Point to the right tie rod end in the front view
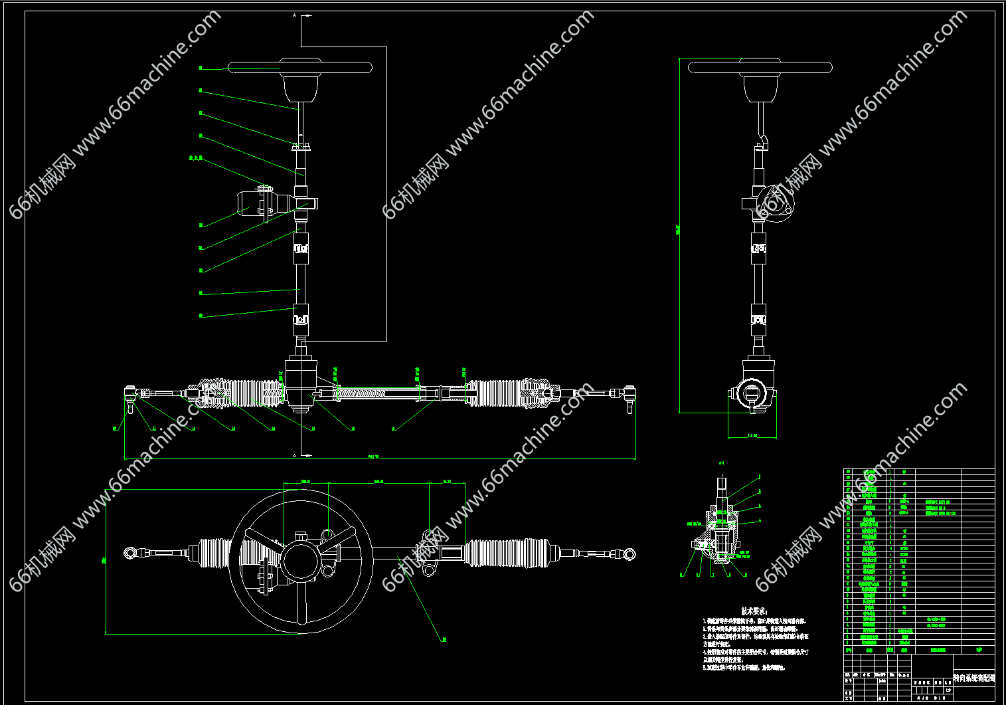629,395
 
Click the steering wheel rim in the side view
760,67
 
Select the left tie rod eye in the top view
130,552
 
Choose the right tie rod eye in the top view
628,553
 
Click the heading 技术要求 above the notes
754,611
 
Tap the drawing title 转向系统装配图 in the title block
973,678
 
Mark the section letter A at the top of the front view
294,15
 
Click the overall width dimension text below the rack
373,456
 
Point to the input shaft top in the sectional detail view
722,480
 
